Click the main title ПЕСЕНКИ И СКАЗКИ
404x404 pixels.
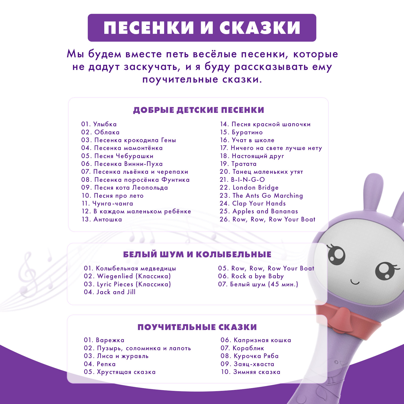click(202, 28)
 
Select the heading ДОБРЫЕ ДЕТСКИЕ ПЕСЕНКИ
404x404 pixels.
click(198, 110)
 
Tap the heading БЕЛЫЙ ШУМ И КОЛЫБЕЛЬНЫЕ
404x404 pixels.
click(197, 255)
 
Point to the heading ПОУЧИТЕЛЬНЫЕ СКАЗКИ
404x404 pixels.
click(197, 327)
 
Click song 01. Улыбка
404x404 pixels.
click(99, 124)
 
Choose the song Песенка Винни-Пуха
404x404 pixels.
click(122, 164)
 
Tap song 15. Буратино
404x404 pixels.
click(241, 132)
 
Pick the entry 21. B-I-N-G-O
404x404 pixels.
click(242, 180)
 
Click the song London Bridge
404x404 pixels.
click(249, 188)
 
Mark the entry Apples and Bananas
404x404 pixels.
click(259, 211)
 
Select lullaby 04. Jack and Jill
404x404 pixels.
click(110, 292)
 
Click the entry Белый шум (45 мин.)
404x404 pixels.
click(258, 284)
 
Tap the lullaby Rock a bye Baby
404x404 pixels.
click(251, 276)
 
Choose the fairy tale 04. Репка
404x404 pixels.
click(100, 364)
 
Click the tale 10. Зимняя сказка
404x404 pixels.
click(250, 372)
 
